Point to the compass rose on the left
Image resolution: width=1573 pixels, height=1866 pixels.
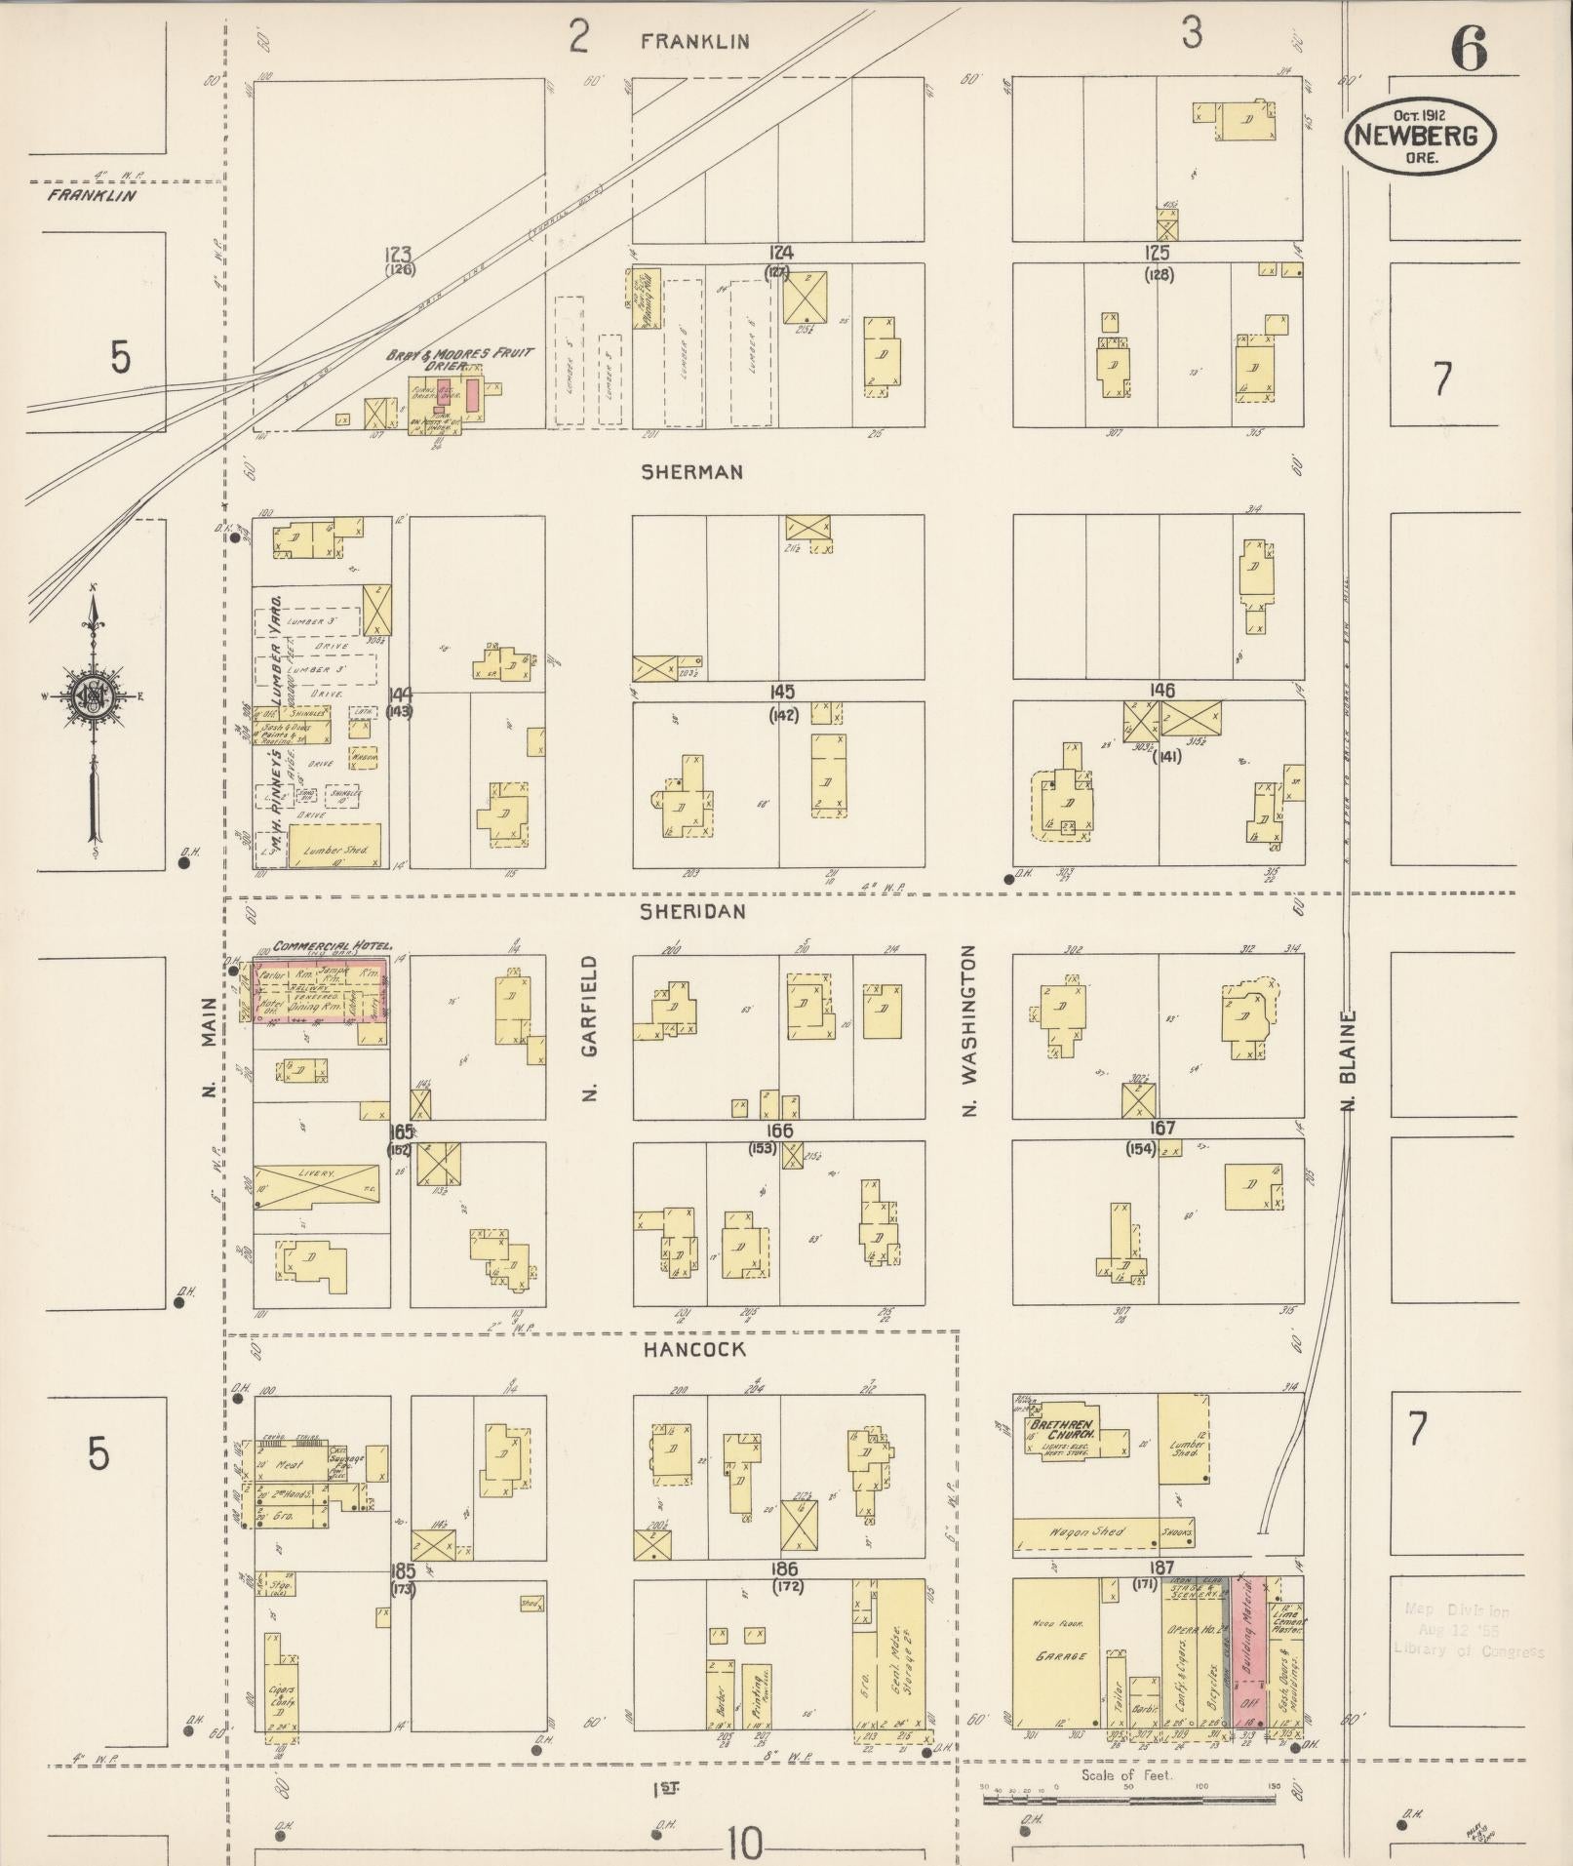coord(94,695)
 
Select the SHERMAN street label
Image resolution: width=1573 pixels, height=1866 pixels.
coord(691,472)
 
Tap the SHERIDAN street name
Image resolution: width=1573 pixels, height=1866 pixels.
coord(692,911)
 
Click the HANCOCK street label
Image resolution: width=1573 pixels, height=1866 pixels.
coord(693,1350)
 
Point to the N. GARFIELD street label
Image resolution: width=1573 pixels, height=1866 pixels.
coord(590,1029)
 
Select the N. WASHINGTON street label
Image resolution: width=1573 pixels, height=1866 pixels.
coord(969,1029)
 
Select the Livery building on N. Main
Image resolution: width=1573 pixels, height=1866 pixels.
coord(317,1185)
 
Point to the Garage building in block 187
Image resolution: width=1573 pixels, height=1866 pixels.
coord(1057,1655)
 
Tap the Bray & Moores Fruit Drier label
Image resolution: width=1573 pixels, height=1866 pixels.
coord(458,358)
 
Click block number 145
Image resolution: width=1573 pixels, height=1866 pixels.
coord(781,692)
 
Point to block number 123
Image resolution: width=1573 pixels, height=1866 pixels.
coord(400,253)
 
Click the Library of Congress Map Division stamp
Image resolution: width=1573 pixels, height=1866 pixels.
coord(1469,1631)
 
